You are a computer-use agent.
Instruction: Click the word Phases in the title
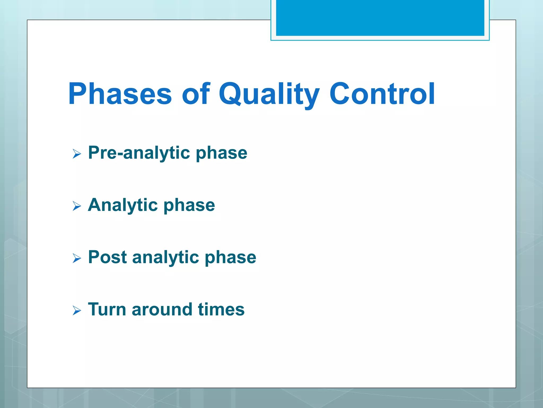tap(120, 94)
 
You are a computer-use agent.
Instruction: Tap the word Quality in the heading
tap(269, 94)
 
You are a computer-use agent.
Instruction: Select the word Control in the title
tap(382, 94)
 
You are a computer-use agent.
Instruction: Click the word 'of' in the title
tap(196, 94)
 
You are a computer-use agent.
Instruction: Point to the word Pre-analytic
tap(139, 153)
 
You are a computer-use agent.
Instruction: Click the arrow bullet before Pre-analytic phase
tap(77, 154)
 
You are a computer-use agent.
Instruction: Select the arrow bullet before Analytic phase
tap(77, 206)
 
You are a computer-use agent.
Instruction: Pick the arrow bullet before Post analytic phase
tap(77, 258)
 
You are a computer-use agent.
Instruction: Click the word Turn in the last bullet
tap(107, 309)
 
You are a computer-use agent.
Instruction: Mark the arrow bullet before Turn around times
tap(77, 310)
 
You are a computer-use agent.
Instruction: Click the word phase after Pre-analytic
tap(221, 153)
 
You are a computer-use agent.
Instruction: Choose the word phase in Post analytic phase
tap(230, 257)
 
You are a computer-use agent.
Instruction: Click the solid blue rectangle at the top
tap(380, 18)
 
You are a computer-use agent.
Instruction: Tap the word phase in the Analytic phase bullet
tap(189, 205)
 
